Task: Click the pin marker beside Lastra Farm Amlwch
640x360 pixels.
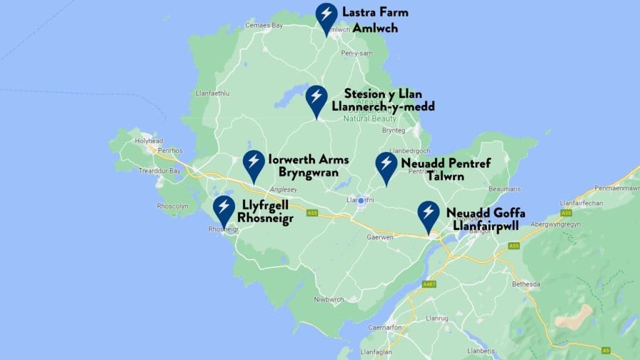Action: (326, 16)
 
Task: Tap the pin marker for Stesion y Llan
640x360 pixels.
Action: (316, 99)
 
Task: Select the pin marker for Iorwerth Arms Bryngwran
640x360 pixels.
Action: (253, 163)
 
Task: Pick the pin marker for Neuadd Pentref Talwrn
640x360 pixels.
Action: (386, 166)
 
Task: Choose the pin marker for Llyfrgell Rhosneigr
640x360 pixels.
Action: (224, 209)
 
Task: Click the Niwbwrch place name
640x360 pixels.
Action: (329, 299)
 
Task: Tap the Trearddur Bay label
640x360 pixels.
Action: (157, 171)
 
